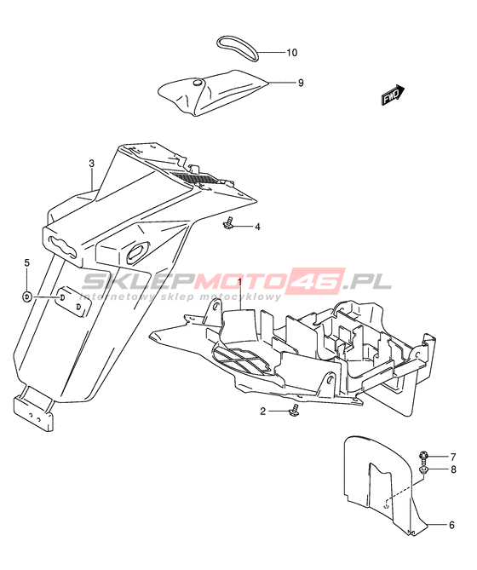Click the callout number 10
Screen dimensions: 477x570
click(291, 53)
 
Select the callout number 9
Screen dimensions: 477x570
click(301, 83)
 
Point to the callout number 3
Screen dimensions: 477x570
click(91, 164)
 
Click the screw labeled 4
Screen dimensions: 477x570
click(228, 224)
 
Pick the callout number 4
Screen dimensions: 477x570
click(257, 227)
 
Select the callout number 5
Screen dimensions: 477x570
click(27, 262)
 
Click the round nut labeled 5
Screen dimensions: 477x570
click(27, 297)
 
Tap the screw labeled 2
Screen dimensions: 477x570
click(294, 410)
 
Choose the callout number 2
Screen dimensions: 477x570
click(263, 412)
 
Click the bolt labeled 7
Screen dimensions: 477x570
click(423, 455)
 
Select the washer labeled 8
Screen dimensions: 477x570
click(423, 470)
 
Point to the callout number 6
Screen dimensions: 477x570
click(451, 525)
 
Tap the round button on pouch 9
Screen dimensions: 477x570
click(198, 83)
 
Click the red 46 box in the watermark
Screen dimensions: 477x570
click(316, 281)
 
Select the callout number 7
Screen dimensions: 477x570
click(453, 457)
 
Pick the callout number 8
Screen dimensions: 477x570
click(453, 469)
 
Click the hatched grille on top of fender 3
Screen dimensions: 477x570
click(197, 178)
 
